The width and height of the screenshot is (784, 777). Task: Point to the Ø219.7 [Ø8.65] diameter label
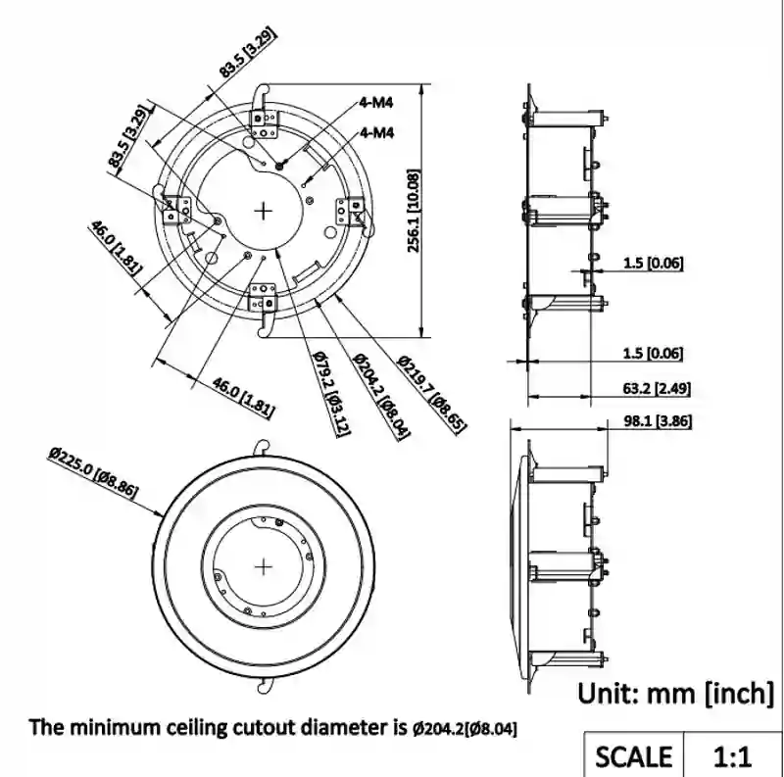(x=431, y=392)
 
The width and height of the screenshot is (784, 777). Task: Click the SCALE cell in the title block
(x=633, y=756)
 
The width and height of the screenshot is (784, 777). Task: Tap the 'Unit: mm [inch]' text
(x=676, y=694)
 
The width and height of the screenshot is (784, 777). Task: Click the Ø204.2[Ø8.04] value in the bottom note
(x=465, y=729)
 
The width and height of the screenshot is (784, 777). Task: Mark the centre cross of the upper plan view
(x=264, y=210)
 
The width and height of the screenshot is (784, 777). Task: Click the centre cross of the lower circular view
(x=264, y=565)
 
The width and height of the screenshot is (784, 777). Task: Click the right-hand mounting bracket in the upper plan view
(x=352, y=210)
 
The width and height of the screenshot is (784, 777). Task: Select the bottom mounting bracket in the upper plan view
(x=265, y=298)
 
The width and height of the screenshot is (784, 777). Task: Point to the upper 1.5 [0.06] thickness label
(x=654, y=263)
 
